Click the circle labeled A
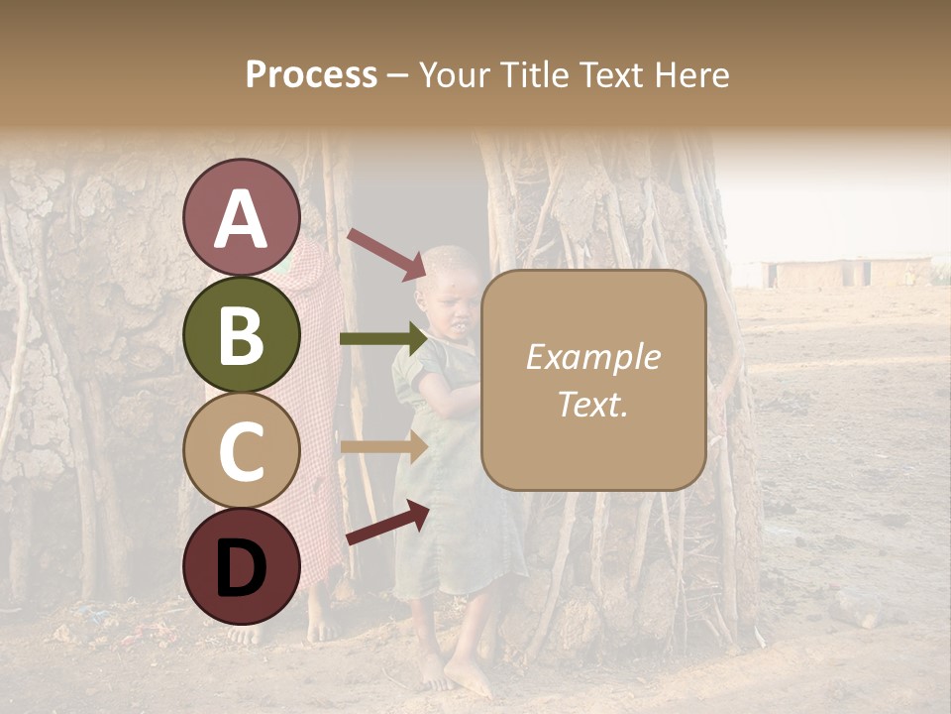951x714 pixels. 241,217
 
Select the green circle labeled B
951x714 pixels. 241,334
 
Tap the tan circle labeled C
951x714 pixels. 241,450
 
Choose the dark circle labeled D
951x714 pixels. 241,566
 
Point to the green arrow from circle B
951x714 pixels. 382,339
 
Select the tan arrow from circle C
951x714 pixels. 382,447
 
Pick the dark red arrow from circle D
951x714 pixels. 386,523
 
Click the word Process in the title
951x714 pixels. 311,74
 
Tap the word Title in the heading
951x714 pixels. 534,74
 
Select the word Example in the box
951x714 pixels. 592,357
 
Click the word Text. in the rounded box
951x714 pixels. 592,404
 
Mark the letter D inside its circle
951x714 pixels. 241,568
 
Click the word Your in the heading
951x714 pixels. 457,74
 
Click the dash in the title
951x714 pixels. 398,75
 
